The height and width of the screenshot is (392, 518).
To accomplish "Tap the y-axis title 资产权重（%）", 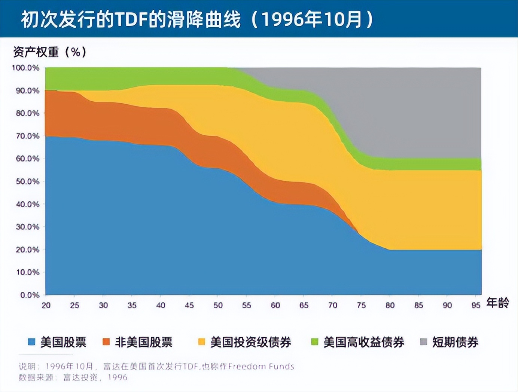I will (50, 52).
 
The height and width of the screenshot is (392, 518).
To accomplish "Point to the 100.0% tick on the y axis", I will (25, 68).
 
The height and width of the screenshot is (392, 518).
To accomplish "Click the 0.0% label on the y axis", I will (30, 295).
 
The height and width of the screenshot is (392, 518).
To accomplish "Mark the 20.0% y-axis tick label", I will (27, 249).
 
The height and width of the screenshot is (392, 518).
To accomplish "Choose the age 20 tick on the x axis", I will (46, 305).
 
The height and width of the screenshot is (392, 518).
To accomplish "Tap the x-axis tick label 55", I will (246, 305).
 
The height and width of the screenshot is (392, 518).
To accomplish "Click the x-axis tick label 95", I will (476, 305).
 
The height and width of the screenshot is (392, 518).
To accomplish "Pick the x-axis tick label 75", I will (361, 305).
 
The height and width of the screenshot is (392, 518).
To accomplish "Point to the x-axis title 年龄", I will (498, 303).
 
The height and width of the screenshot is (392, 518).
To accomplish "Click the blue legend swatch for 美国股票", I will (32, 342).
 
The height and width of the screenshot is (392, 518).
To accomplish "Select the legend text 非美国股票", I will (144, 342).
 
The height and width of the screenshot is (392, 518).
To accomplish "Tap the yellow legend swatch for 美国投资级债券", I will (202, 342).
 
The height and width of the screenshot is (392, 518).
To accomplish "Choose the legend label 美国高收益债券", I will (364, 342).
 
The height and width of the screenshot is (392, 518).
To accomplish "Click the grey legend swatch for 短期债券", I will (424, 342).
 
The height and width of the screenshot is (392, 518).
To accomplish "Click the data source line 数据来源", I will (73, 377).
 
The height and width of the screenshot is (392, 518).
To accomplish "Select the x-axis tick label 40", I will (161, 305).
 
